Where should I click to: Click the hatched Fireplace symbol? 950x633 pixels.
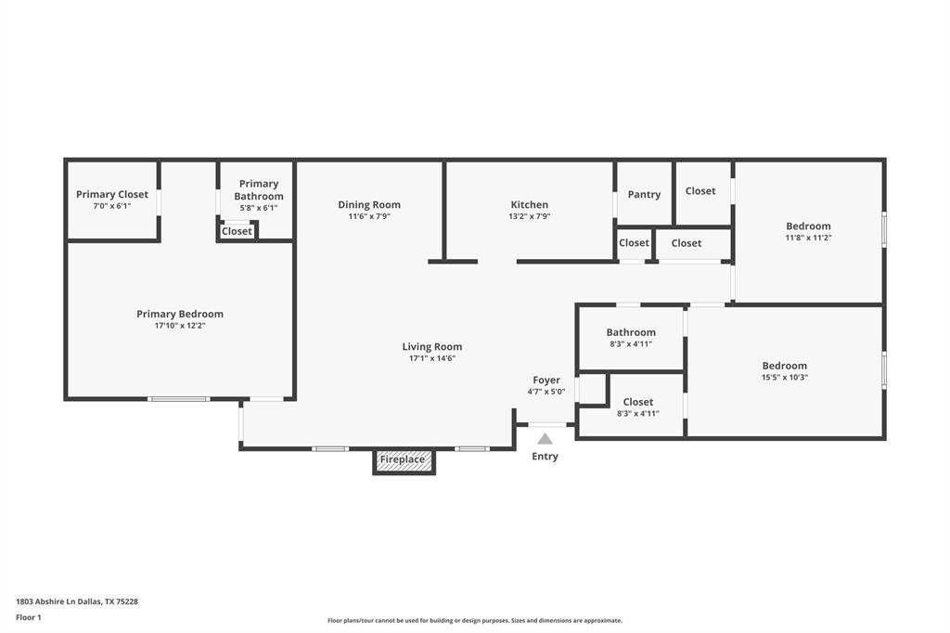[404, 460]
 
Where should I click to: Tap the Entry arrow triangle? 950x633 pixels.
[545, 439]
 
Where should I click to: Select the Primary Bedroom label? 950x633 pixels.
[180, 314]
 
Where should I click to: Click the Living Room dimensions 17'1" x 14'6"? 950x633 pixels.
[431, 358]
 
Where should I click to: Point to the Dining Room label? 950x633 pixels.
[369, 204]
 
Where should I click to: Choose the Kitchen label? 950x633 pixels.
[529, 204]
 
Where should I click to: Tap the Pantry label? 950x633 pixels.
[644, 194]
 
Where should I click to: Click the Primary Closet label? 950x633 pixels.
[112, 194]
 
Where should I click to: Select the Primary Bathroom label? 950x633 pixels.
[258, 189]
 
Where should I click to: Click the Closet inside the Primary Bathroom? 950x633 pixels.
[237, 231]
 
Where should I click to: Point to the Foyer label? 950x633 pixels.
[546, 380]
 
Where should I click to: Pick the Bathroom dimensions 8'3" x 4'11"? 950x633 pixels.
[631, 344]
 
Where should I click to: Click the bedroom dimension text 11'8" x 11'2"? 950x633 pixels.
[808, 238]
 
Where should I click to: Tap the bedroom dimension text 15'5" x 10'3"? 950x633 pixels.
[785, 378]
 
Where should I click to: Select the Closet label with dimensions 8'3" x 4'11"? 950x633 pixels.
[638, 402]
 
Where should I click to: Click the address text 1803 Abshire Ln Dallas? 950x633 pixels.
[77, 601]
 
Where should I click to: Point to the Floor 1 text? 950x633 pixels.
[29, 617]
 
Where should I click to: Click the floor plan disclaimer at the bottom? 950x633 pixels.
[474, 621]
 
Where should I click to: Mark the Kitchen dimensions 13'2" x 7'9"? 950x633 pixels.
[529, 216]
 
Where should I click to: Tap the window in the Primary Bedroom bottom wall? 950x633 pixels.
[178, 399]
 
